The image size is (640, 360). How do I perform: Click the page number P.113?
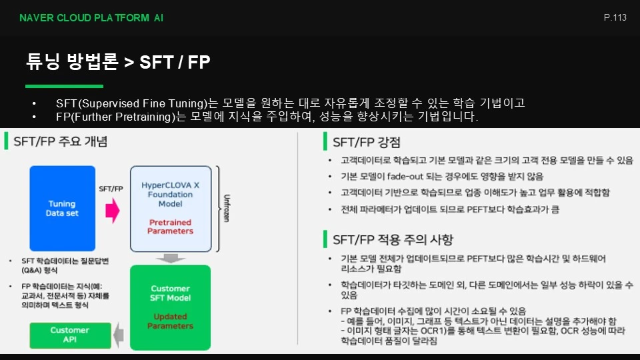coord(615,17)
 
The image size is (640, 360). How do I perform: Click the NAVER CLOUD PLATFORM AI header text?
coord(91,18)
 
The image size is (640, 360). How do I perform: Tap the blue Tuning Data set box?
coord(63,208)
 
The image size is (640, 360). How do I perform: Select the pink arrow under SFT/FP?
coord(113,211)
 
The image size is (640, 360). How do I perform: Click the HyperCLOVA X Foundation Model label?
coord(170,194)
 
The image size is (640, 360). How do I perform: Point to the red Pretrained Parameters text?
coord(170,227)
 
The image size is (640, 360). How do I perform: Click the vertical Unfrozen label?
coord(227,208)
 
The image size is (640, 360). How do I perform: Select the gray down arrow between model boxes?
coord(171,259)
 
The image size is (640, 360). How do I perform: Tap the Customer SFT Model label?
coord(170,293)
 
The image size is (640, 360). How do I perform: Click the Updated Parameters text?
coord(170,321)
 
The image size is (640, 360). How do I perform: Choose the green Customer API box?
coord(70,335)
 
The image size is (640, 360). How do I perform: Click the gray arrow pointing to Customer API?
coord(119,335)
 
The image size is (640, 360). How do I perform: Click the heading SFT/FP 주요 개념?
coord(61,141)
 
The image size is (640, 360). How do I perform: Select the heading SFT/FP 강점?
coord(367,142)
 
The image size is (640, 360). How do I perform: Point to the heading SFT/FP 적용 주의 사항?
coord(393,239)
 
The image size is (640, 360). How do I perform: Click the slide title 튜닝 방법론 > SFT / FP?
coord(118,62)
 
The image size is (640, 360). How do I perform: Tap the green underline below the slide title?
coord(64,86)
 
